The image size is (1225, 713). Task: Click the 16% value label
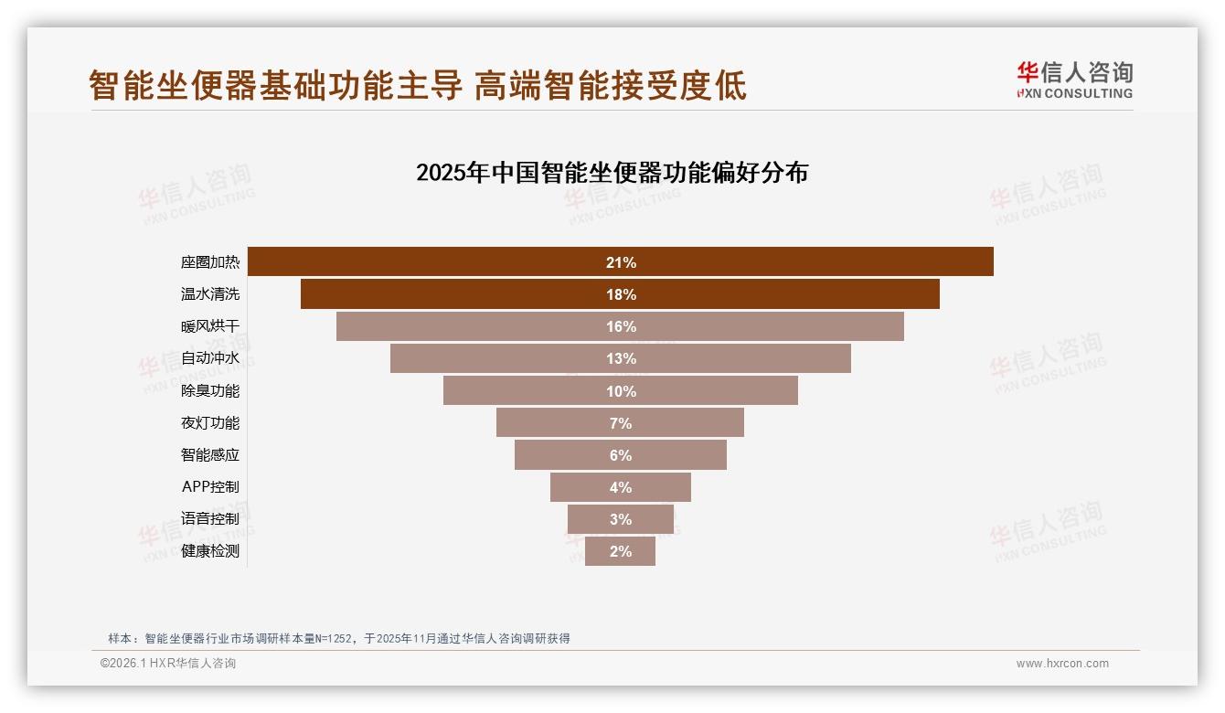621,327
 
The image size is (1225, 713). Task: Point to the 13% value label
621,359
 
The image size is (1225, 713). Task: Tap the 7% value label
621,423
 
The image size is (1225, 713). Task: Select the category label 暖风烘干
210,326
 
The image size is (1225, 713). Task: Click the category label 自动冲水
210,358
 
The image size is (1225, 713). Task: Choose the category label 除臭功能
210,391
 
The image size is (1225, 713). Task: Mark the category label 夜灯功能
210,423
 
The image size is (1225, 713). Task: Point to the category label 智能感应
210,455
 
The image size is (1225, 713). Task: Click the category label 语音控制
210,519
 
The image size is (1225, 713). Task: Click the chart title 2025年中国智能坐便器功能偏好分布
612,173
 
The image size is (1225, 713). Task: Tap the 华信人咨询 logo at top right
1074,80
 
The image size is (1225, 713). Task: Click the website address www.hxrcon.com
1062,664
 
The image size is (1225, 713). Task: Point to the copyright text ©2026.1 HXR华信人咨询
168,664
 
